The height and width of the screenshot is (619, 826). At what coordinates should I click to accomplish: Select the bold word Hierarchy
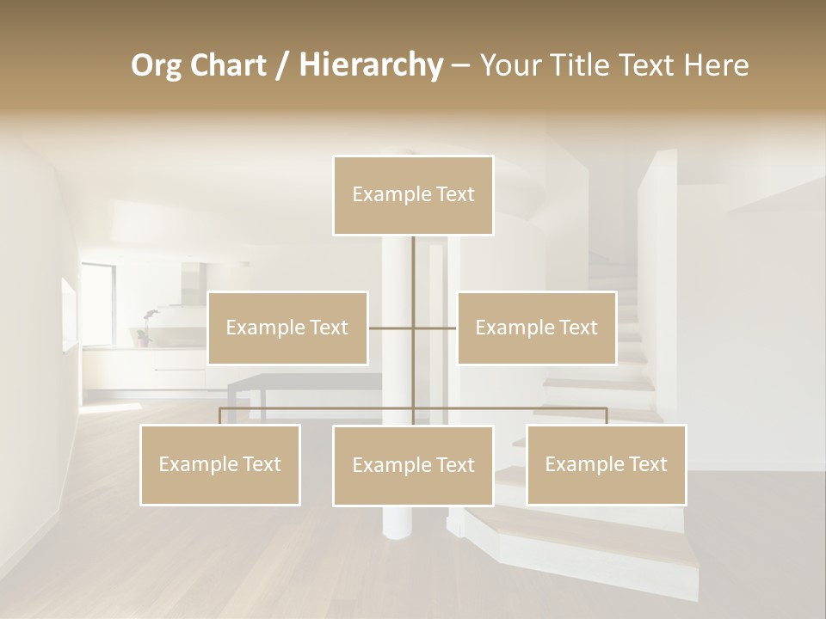370,65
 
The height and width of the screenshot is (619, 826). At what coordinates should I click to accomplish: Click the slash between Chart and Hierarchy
282,66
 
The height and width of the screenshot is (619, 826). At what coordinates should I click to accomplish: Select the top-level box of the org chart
413,195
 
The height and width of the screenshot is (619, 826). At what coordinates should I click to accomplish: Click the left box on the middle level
287,328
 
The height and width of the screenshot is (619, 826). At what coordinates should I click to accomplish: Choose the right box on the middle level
536,328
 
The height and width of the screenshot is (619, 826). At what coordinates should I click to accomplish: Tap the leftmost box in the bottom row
219,464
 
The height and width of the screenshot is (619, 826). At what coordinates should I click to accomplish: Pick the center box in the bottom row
413,465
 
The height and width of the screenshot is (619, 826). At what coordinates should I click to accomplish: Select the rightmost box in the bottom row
606,464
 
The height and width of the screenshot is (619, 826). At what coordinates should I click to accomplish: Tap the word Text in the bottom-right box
647,464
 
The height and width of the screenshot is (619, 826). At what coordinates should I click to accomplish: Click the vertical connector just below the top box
413,258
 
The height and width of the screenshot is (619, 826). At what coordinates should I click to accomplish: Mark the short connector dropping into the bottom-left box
219,416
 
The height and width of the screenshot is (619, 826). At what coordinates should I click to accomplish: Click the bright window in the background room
97,301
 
